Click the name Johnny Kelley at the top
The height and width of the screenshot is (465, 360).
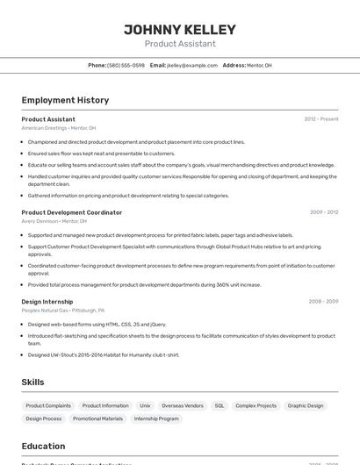coord(179,28)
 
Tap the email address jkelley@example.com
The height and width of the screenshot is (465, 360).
coord(191,65)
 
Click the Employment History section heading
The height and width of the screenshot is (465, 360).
coord(65,100)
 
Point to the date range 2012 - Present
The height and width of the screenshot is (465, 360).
coord(320,119)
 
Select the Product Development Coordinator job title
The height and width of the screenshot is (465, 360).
coord(72,212)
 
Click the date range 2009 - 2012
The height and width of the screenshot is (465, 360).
coord(323,212)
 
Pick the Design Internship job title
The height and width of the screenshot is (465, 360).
coord(48,302)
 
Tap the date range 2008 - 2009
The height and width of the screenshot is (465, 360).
coord(323,302)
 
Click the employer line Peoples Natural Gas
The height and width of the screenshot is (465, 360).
coord(63,311)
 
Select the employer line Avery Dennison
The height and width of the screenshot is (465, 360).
coord(54,221)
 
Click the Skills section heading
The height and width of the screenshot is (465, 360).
coord(33,383)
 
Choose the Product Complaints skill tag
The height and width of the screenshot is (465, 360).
coord(48,406)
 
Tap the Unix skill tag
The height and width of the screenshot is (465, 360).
coord(145,406)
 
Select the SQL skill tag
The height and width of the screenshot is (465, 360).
coord(220,406)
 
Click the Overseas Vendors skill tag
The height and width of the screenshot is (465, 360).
coord(183,406)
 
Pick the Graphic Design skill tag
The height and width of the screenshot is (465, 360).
coord(306,406)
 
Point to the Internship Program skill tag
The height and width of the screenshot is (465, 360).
coord(157,419)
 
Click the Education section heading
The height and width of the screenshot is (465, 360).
coord(43,446)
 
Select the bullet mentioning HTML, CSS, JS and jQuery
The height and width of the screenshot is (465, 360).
coord(97,324)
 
